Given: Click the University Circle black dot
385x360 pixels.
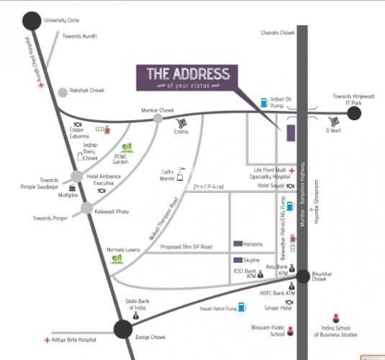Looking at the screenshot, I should point(32,21).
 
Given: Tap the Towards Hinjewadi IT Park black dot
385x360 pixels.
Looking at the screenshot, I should point(353,112).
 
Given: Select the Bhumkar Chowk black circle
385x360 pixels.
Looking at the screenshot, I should point(304,276).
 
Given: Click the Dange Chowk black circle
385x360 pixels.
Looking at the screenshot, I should point(124,330).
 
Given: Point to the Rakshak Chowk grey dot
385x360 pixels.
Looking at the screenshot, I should point(63,92).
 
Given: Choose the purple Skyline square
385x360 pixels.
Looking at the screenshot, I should point(237,259).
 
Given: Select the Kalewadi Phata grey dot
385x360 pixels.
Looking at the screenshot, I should point(87,208).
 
